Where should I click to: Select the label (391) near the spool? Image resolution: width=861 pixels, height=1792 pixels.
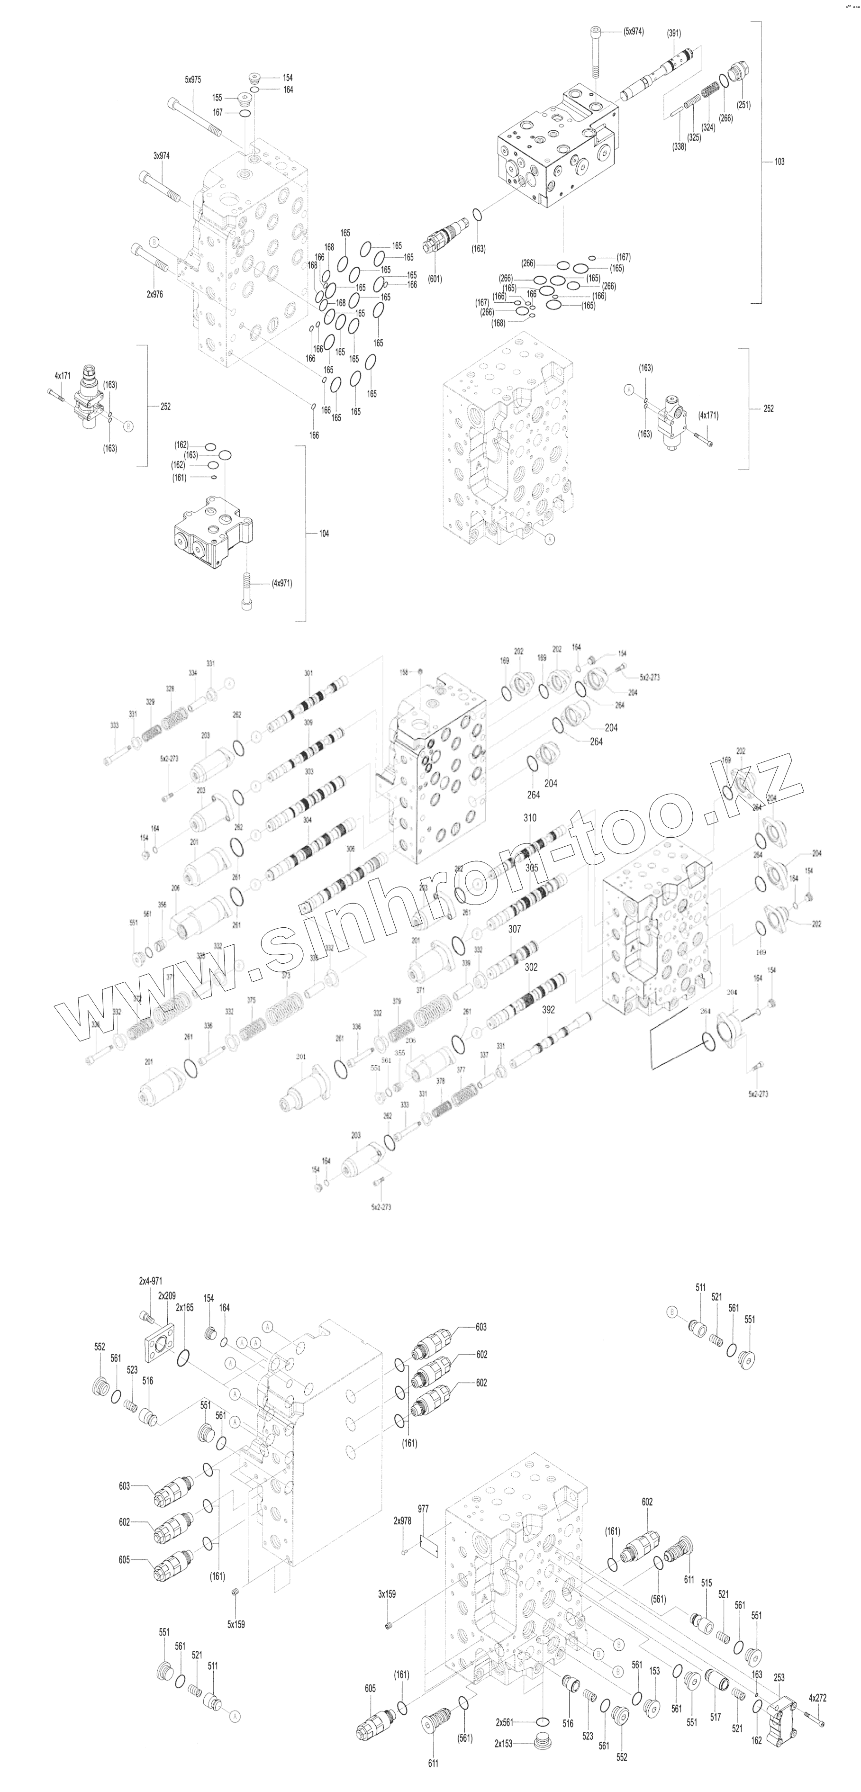(x=674, y=33)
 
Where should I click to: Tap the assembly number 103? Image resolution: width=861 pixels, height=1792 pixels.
(x=779, y=162)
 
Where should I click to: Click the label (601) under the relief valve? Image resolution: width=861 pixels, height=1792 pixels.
(x=435, y=279)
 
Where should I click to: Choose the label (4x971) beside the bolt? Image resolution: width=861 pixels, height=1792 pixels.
(x=281, y=583)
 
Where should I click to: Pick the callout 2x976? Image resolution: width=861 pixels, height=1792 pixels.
(x=154, y=294)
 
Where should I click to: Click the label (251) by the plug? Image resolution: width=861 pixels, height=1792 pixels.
(x=743, y=105)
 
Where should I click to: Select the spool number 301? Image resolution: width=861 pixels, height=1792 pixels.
(x=309, y=673)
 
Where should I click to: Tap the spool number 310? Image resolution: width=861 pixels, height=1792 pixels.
(x=530, y=818)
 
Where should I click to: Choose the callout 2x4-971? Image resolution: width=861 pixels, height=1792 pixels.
(x=150, y=1281)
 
